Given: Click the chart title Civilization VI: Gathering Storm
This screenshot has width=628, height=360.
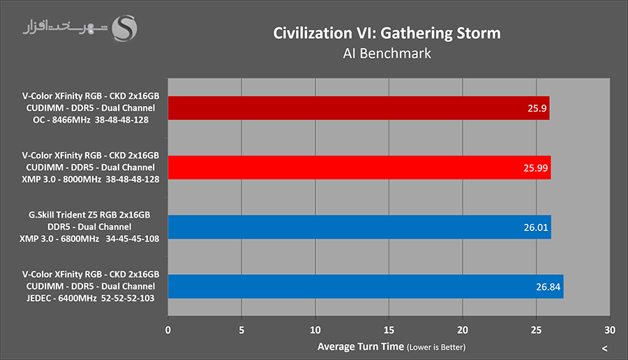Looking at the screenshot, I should click(387, 33).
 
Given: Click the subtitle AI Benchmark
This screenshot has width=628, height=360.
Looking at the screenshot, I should click(387, 53).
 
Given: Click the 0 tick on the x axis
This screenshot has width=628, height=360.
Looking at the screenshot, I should click(167, 329).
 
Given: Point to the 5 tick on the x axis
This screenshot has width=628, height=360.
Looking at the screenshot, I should click(241, 329).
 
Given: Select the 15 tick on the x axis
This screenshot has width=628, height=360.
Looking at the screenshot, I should click(389, 329).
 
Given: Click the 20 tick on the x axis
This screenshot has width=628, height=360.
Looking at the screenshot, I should click(463, 329).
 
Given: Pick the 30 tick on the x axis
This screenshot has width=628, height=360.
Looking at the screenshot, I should click(609, 329).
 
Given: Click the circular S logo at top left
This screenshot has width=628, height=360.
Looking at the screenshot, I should click(126, 29).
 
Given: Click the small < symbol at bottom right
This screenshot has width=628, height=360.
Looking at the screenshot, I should click(604, 348).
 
